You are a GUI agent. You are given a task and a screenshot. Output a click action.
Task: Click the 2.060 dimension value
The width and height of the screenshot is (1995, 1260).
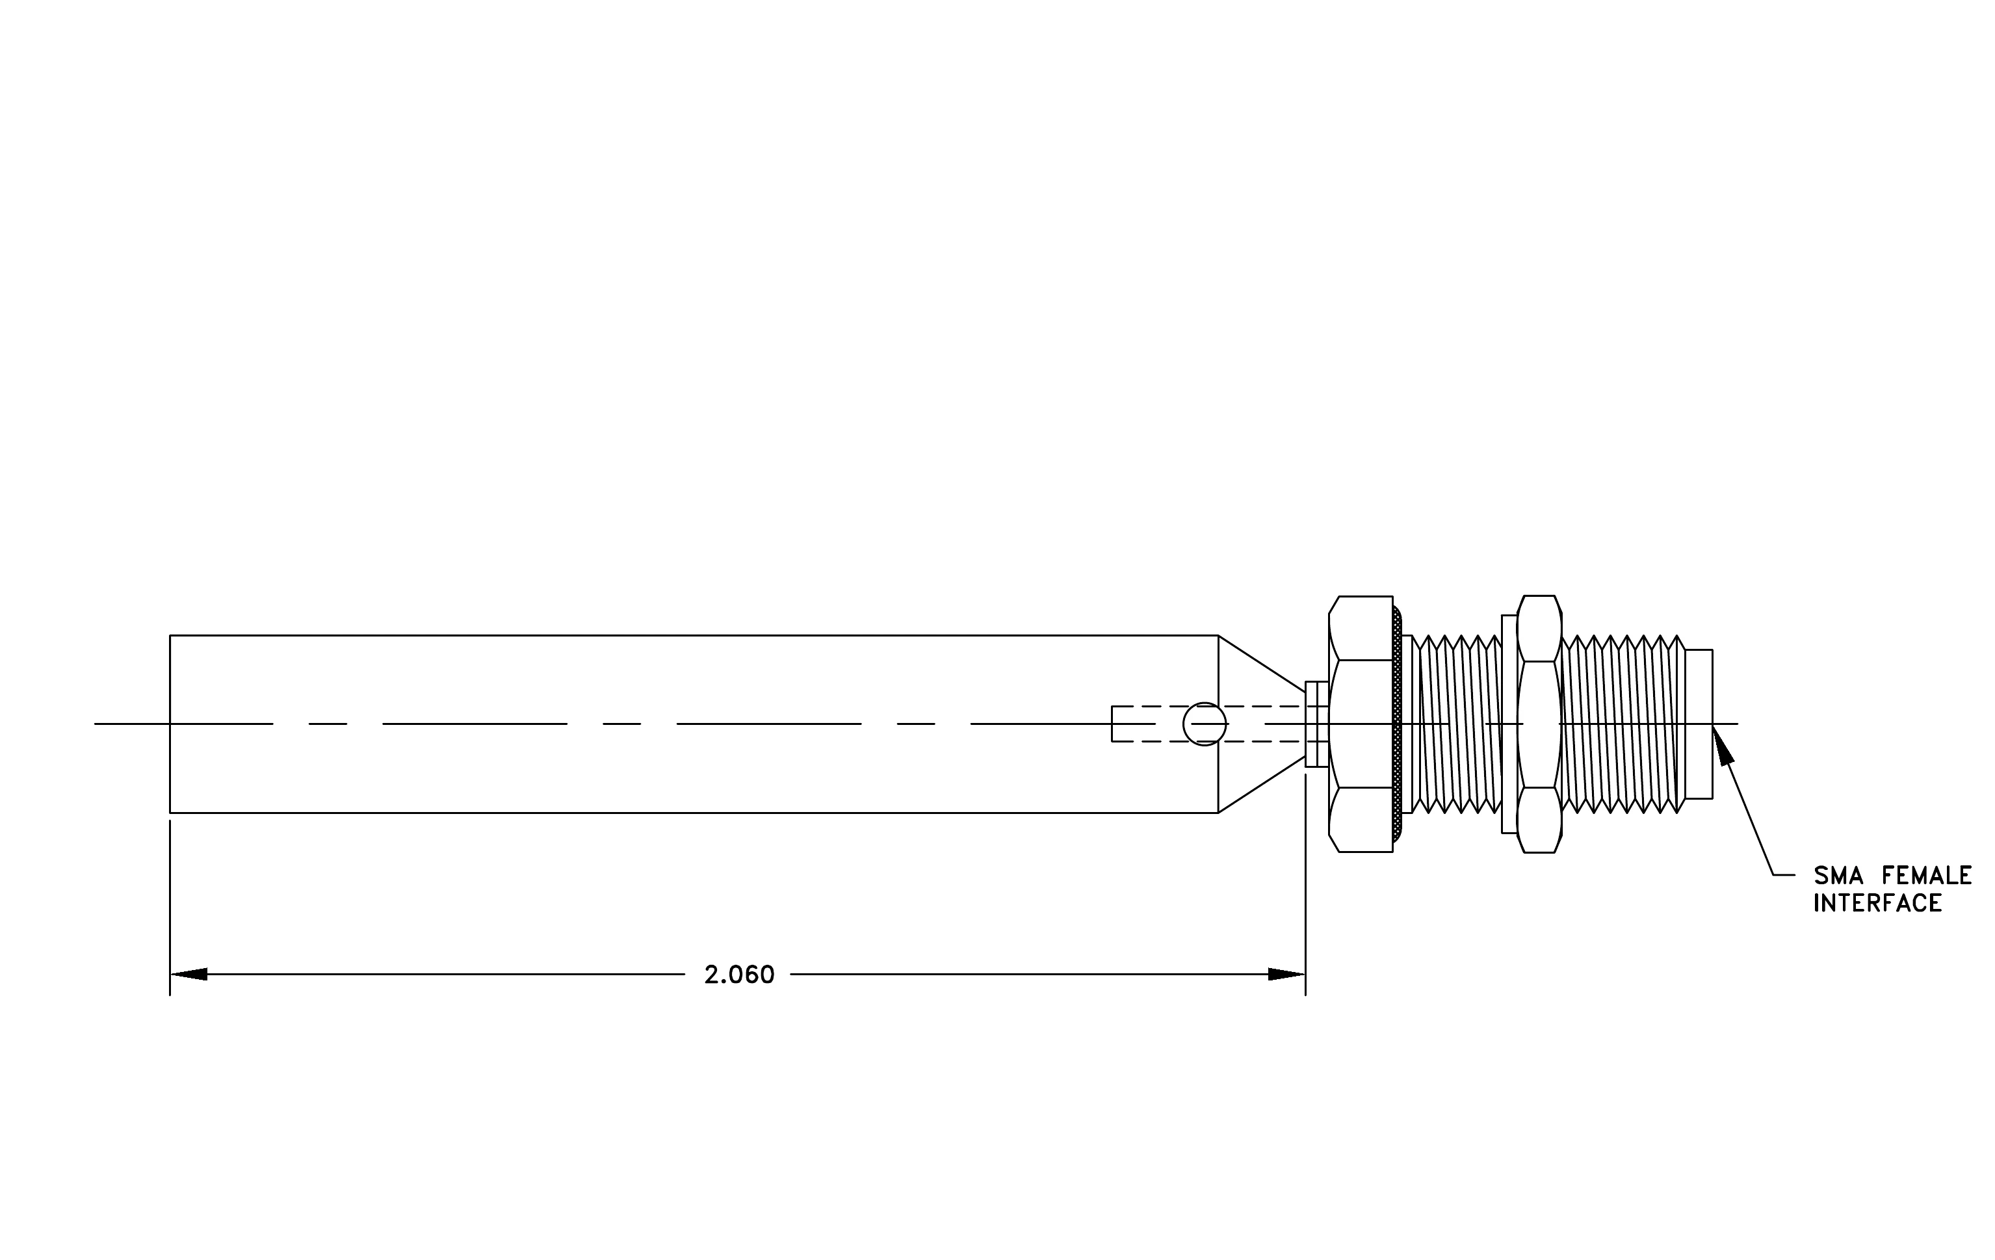coord(739,975)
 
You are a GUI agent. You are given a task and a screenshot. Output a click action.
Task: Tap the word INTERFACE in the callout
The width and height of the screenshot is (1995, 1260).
coord(1877,903)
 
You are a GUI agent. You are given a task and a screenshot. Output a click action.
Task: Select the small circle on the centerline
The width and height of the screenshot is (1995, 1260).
coord(1205,724)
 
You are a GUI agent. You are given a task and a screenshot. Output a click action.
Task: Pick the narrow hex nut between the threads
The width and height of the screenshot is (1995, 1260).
coord(1539,724)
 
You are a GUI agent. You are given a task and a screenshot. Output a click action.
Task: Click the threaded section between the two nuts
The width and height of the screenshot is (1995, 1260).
coord(1457,724)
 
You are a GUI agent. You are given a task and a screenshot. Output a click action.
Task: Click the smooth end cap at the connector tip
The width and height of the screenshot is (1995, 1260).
coord(1699,724)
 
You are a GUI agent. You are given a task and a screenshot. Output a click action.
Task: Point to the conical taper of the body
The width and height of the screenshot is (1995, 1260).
coord(1262,724)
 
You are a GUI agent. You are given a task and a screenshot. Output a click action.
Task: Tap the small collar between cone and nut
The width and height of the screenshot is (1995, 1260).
coord(1316,724)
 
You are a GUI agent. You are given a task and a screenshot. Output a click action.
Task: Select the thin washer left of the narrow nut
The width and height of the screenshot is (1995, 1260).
coord(1509,724)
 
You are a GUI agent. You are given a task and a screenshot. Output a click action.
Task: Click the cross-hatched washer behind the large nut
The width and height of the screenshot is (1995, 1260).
coord(1398,724)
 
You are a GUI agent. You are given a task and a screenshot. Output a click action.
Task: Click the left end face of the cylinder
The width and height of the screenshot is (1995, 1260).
coord(170,724)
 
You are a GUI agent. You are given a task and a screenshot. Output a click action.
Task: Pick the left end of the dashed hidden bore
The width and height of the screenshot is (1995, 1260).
coord(1112,724)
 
